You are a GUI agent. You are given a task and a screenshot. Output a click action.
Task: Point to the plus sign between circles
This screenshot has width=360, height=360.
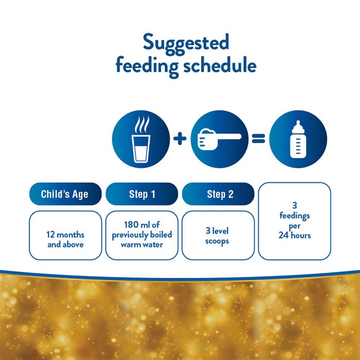point(180,139)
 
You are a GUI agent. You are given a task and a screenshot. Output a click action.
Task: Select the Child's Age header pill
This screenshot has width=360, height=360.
point(65,194)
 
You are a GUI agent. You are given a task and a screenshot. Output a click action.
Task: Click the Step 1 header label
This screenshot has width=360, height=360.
point(142,194)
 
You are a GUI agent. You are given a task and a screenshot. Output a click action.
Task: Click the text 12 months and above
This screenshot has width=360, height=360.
point(65,240)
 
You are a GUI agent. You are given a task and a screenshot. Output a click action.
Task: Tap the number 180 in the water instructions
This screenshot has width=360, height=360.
point(130,225)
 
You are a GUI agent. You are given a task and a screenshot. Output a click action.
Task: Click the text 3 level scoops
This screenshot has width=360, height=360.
point(217,236)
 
